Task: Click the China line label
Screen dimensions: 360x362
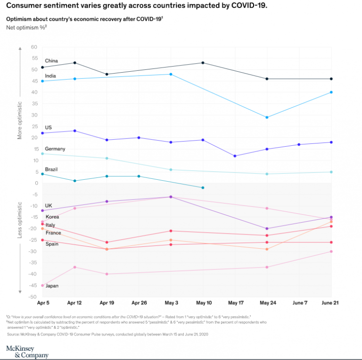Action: [51, 61]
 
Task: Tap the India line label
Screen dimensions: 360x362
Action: [51, 75]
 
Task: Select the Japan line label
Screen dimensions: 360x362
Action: [52, 286]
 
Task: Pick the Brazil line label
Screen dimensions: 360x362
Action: [52, 168]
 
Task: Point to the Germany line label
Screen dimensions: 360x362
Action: [55, 149]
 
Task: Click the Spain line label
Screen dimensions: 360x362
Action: [52, 244]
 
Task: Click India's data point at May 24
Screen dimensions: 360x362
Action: [267, 117]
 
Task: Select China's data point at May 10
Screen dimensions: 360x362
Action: [203, 63]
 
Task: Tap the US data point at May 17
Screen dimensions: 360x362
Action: [235, 156]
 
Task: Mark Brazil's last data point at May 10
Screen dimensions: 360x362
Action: [203, 188]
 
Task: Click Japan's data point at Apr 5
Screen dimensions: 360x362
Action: [42, 285]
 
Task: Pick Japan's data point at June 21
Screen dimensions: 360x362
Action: [331, 251]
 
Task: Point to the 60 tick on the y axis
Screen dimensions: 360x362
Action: [34, 47]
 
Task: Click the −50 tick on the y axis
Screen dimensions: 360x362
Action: [33, 297]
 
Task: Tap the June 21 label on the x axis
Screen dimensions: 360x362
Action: [330, 302]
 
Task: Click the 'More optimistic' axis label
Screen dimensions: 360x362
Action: [20, 120]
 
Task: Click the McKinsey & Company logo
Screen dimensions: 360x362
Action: [26, 351]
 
